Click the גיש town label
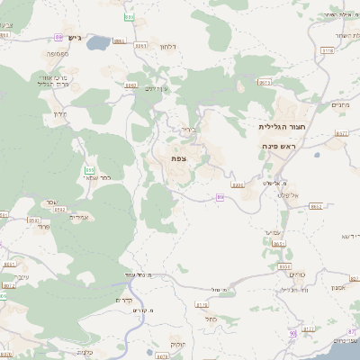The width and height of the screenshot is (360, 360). tap(74, 39)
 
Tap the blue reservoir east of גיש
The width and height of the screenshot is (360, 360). tap(98, 41)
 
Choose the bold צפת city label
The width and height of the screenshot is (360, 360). tap(178, 157)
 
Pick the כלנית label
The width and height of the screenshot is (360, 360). tap(85, 352)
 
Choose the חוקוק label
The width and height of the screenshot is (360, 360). tap(177, 345)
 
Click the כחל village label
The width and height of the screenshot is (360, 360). tap(211, 318)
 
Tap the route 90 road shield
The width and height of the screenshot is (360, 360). tap(292, 333)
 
